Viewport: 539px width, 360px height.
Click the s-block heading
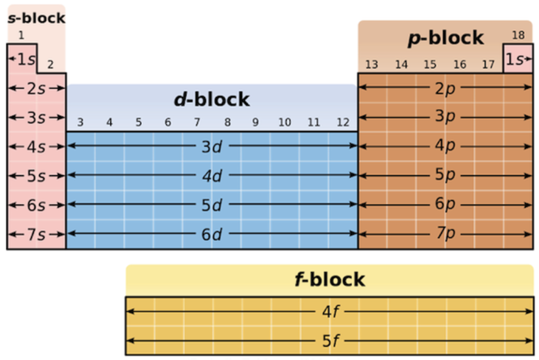point(36,18)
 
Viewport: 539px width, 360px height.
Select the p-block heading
point(446,38)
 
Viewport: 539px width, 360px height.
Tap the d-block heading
point(212,99)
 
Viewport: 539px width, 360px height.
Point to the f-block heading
point(329,279)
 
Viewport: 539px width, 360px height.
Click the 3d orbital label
point(212,147)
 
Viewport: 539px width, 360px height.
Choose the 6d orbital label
point(212,235)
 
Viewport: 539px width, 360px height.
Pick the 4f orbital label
point(329,312)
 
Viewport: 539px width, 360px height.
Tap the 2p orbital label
point(445,89)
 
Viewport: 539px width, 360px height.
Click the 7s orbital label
point(36,235)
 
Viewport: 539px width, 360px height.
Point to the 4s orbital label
point(36,147)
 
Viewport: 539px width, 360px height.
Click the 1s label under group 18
point(516,59)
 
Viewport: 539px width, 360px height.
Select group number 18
point(518,36)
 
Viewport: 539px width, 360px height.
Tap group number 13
point(371,65)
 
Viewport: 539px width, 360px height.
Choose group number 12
point(343,123)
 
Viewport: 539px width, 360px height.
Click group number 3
point(81,123)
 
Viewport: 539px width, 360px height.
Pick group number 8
point(227,123)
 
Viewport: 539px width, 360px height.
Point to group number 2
point(50,65)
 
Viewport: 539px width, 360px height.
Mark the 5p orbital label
point(445,175)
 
